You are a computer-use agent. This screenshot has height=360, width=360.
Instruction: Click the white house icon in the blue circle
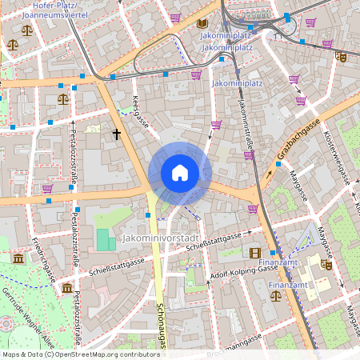(x=180, y=173)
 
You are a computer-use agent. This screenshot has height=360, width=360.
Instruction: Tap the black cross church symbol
(x=117, y=134)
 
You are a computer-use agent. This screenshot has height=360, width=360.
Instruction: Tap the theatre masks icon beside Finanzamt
(x=326, y=263)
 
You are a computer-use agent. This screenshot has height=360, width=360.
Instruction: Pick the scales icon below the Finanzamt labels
(x=276, y=295)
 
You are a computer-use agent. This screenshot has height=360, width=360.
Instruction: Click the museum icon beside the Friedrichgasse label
(x=18, y=258)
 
